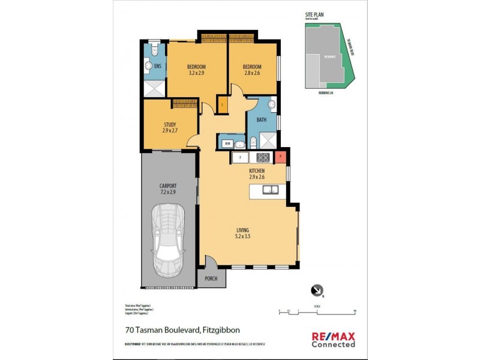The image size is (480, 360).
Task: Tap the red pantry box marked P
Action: click(280, 157)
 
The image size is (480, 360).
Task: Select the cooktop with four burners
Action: click(262, 157)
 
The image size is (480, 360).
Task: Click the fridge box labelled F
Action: click(241, 157)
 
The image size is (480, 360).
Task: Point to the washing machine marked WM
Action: click(227, 143)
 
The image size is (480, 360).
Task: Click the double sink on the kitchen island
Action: click(270, 190)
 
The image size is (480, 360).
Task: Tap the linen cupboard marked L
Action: click(223, 105)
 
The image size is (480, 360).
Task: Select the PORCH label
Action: click(211, 278)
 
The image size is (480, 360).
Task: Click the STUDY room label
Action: click(169, 124)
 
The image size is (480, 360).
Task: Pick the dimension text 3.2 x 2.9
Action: click(196, 73)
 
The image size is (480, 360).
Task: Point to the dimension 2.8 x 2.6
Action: click(251, 73)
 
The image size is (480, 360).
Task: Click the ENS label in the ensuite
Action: click(157, 66)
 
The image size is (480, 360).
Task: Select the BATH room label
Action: click(262, 120)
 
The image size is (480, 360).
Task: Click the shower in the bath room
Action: click(268, 142)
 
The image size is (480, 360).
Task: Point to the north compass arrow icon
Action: click(316, 290)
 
